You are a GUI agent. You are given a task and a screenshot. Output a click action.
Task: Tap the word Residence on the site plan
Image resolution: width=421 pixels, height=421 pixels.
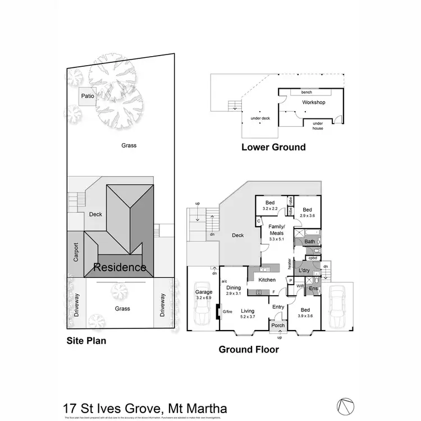120,268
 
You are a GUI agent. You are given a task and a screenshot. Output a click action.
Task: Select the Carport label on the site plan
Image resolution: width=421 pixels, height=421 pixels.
76,253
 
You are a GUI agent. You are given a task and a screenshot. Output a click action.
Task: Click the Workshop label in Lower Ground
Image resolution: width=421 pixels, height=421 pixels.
314,103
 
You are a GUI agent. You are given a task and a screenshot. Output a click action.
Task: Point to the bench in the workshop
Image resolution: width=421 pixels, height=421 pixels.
306,92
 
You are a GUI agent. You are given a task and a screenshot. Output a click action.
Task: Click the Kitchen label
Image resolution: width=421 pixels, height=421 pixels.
267,280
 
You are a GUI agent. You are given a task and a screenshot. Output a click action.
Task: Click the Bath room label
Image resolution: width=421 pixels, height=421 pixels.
309,242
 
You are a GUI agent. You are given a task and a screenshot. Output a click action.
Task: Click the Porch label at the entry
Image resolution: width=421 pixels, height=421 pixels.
278,326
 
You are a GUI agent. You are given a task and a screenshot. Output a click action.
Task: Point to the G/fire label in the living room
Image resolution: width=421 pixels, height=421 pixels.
227,312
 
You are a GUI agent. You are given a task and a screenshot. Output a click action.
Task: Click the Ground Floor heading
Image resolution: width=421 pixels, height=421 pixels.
248,350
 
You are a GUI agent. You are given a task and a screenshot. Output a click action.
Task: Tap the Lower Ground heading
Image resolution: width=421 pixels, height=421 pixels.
273,147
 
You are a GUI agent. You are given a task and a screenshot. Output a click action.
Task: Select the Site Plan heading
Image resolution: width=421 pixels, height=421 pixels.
86,340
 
